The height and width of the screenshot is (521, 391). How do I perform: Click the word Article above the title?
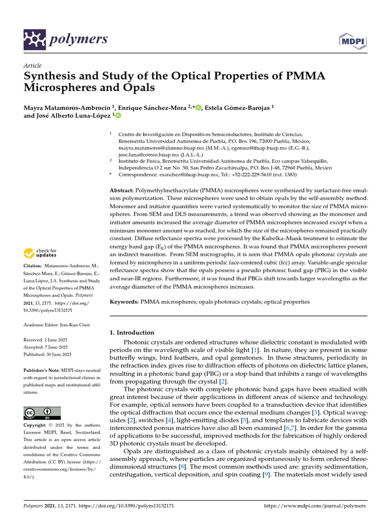[x=32, y=66]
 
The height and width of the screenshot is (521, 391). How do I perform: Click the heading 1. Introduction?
[x=132, y=332]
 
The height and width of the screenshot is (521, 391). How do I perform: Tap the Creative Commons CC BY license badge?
[x=42, y=413]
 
